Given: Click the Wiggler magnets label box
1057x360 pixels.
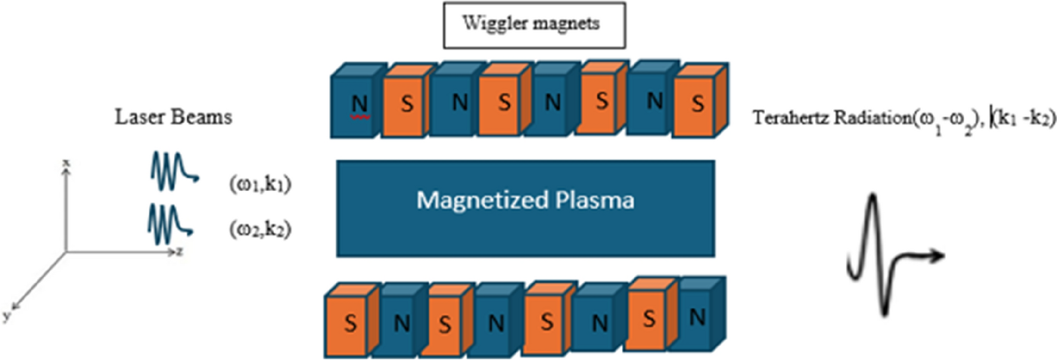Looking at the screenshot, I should [534, 25].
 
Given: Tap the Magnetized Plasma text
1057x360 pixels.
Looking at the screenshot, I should [525, 200].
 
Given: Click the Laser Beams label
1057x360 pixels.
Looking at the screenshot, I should [173, 117].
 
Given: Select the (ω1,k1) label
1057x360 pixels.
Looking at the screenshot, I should [260, 184].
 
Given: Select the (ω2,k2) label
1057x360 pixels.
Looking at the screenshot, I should [260, 229].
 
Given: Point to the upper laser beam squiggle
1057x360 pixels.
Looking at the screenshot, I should [173, 171].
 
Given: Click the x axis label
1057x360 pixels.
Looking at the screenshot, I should [66, 162].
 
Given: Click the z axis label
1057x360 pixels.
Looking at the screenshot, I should [179, 252].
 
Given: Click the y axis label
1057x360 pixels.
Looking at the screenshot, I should [6, 316].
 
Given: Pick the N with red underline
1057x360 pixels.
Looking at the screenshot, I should [359, 104].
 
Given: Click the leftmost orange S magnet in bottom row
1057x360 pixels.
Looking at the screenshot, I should [350, 324].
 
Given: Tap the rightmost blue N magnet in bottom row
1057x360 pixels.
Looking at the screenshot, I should [697, 318].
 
